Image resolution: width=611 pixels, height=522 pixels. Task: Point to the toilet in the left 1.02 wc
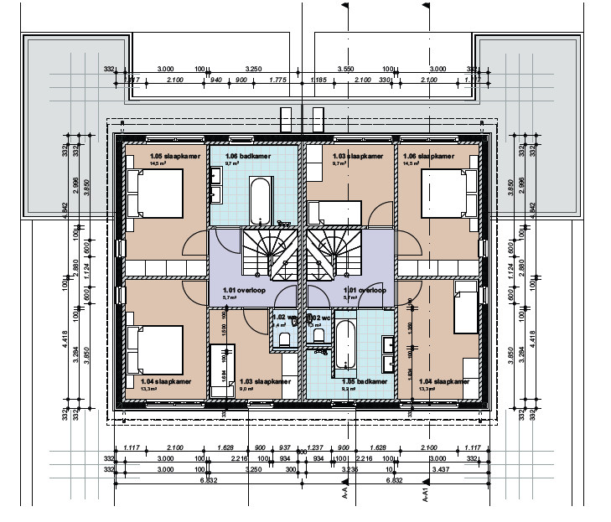click(283, 338)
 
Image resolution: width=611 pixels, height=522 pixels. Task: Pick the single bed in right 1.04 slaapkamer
click(465, 310)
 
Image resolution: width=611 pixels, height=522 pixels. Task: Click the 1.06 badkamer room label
click(249, 156)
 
